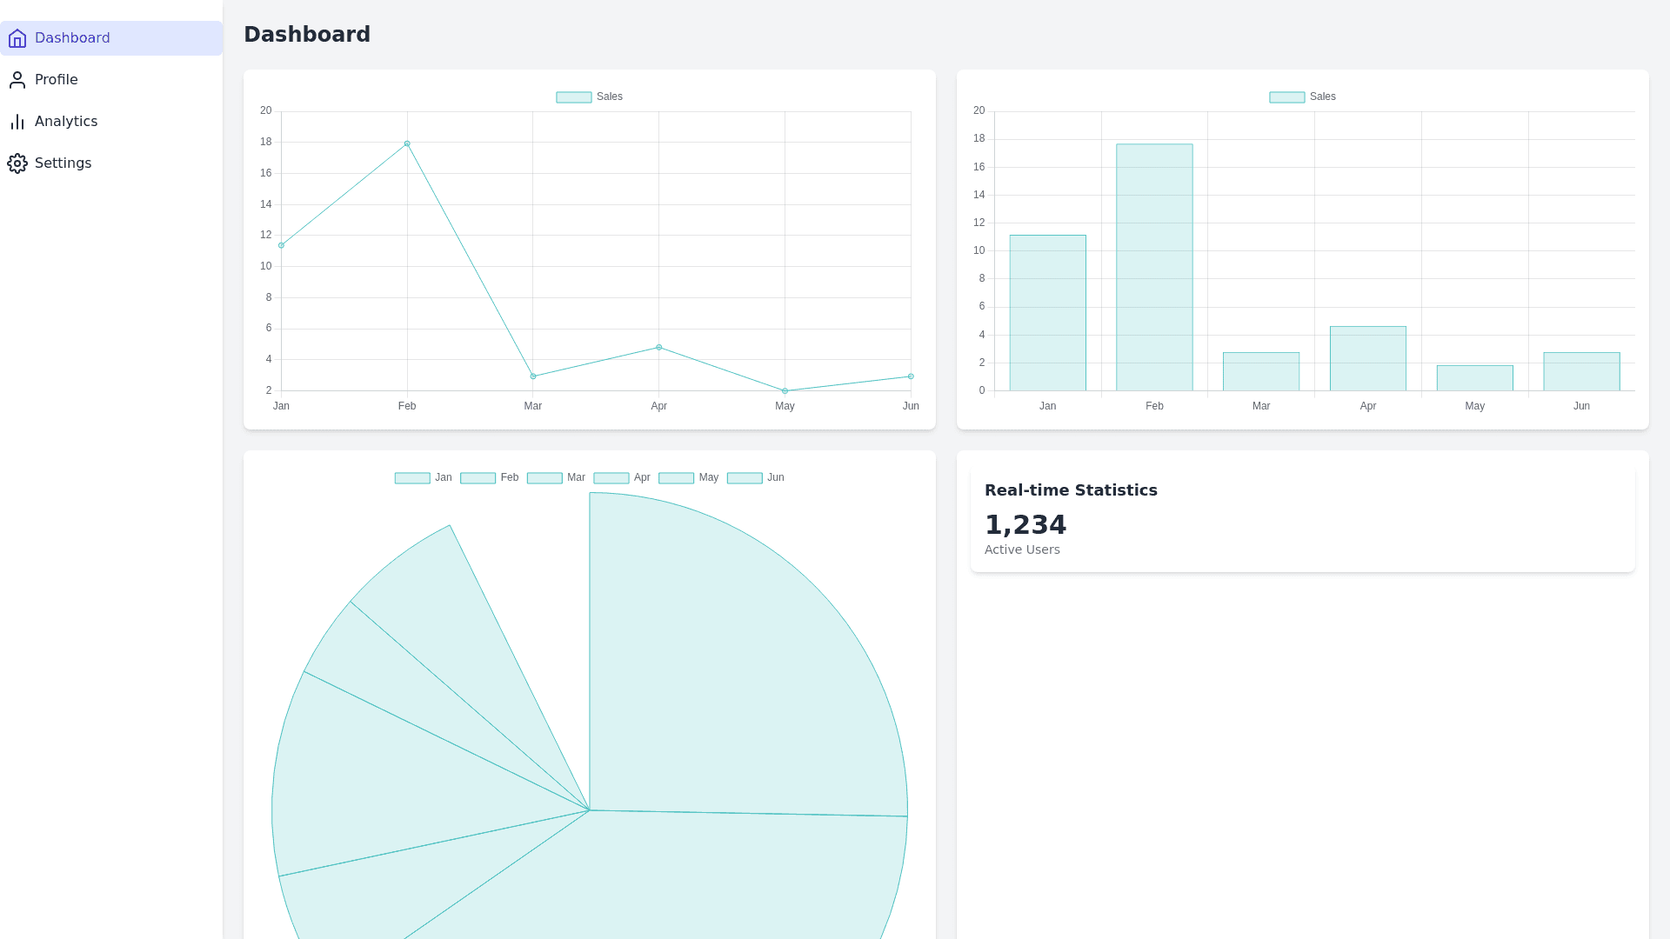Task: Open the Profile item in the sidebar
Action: click(x=56, y=80)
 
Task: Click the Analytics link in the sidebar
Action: click(x=65, y=122)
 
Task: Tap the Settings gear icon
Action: click(x=17, y=163)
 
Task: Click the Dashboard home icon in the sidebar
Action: click(x=17, y=38)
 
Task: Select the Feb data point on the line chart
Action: click(x=407, y=144)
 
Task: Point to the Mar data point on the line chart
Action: click(x=533, y=376)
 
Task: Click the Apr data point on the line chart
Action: click(x=659, y=348)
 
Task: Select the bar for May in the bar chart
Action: click(x=1474, y=378)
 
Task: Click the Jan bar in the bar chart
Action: click(x=1047, y=313)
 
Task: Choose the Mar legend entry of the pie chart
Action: click(x=557, y=478)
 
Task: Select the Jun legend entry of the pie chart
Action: click(x=756, y=478)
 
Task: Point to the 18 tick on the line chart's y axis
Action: click(x=266, y=142)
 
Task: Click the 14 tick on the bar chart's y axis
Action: click(x=979, y=195)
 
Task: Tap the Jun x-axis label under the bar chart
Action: click(x=1581, y=406)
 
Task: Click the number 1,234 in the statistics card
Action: click(x=1025, y=525)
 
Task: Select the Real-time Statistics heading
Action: click(x=1071, y=490)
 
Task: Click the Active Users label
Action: click(x=1022, y=549)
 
